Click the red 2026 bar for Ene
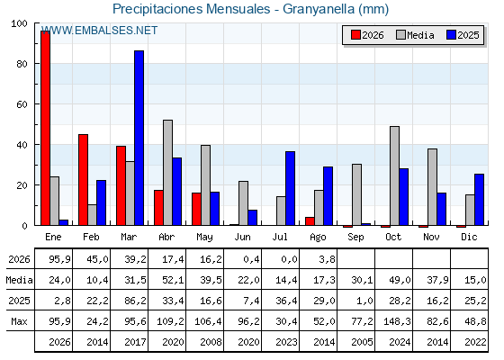point(45,128)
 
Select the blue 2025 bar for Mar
point(139,138)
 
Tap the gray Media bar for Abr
point(167,173)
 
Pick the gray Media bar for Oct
point(395,175)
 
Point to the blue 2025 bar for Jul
point(290,188)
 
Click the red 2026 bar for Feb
point(83,180)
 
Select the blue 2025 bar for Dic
point(479,200)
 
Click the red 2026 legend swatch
point(355,35)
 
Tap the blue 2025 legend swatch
point(451,35)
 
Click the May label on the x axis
point(204,238)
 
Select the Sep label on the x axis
point(355,238)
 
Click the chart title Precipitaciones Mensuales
point(192,9)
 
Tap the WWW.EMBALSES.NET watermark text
point(100,31)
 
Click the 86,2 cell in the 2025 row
point(135,301)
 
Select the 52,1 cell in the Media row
point(173,280)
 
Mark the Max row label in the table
point(19,321)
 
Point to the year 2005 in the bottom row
point(362,342)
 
